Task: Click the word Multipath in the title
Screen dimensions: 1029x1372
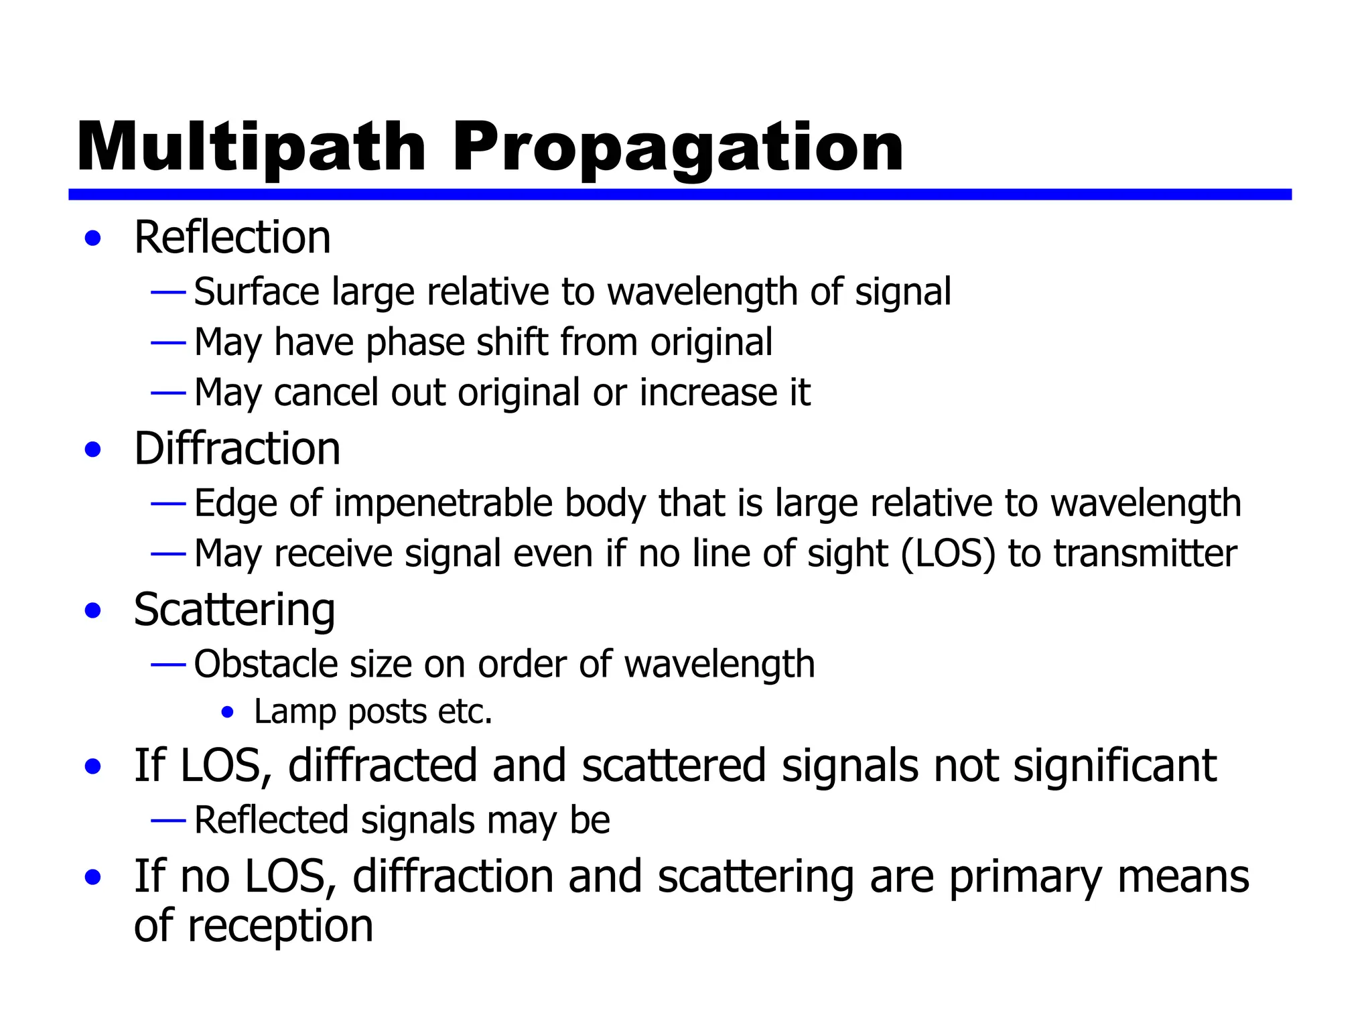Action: tap(251, 148)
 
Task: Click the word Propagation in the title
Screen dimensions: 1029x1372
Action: tap(677, 148)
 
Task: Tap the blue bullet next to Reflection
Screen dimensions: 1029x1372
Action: tap(93, 238)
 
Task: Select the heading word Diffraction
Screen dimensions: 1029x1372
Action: tap(237, 448)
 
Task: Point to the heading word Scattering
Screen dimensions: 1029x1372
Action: tap(234, 610)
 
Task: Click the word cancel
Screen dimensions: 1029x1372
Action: tap(326, 393)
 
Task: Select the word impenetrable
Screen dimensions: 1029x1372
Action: tap(443, 503)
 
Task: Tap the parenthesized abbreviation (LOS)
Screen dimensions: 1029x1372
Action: tap(949, 554)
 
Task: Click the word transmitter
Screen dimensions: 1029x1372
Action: tap(1145, 554)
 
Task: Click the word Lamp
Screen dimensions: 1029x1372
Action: tap(295, 711)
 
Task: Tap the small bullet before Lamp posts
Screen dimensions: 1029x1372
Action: tap(228, 712)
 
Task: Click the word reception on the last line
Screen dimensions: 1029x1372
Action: tap(280, 927)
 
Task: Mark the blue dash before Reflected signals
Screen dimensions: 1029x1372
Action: tap(168, 820)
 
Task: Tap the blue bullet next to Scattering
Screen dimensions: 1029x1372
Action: tap(93, 611)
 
